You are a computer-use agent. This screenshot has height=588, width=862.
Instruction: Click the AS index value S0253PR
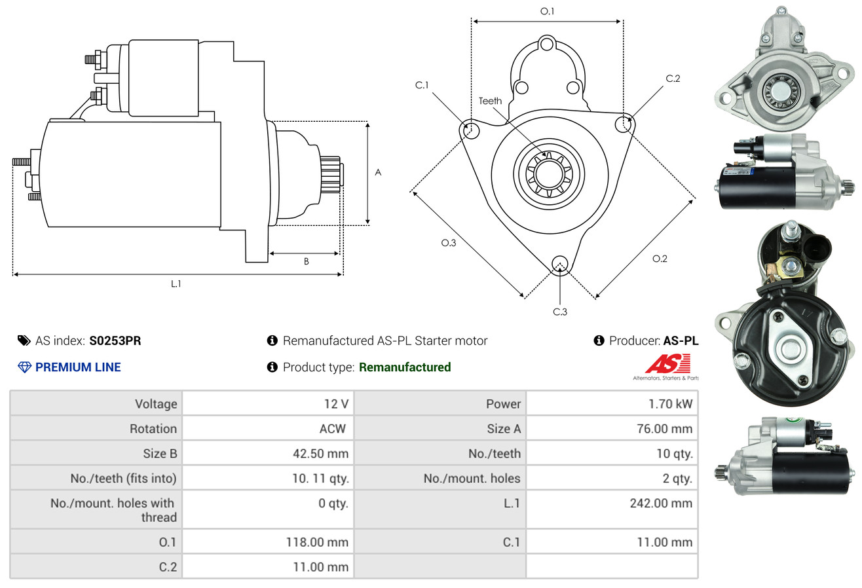115,340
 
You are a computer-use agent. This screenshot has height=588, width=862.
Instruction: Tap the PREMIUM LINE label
78,367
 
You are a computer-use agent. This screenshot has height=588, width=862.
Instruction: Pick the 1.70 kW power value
670,404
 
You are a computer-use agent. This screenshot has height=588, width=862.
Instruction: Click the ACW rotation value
333,429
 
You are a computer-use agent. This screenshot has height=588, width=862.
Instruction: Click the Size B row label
160,453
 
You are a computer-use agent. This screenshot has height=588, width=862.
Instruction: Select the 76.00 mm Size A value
667,429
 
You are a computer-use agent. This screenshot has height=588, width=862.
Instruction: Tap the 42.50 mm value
321,453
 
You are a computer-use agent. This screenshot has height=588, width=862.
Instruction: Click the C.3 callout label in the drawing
560,312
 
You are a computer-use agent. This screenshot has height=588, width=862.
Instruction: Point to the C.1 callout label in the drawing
421,85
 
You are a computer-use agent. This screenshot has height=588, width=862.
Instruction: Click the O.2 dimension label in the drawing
660,259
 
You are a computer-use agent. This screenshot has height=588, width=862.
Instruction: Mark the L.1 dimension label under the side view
176,284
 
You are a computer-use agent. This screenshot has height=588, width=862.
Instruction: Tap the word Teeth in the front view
490,101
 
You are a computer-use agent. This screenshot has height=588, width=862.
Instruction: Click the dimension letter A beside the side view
378,173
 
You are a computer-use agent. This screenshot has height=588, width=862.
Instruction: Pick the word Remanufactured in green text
405,367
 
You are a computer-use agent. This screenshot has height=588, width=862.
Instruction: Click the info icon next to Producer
599,340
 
